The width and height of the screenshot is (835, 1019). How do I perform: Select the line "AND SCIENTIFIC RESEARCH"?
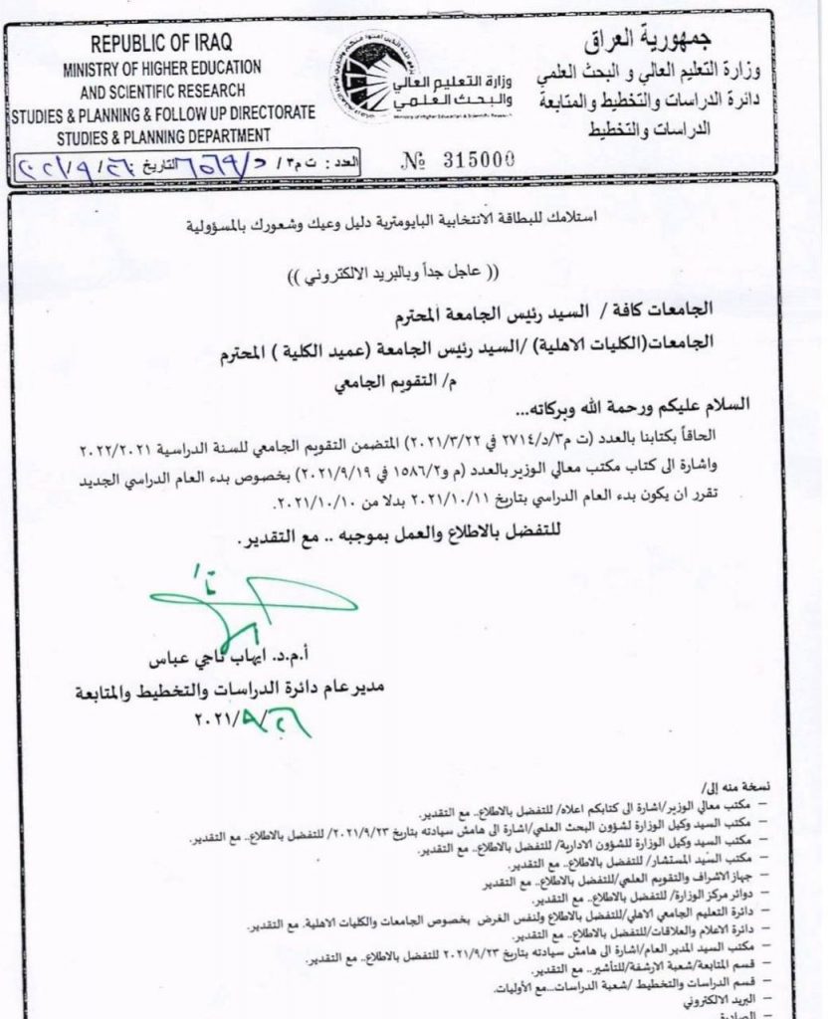point(163,92)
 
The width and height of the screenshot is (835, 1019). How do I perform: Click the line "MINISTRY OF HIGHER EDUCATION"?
point(163,70)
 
